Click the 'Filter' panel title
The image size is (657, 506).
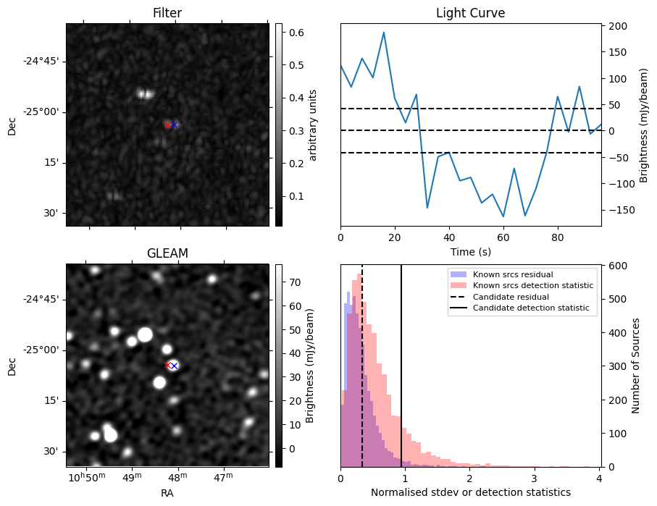pyautogui.click(x=167, y=13)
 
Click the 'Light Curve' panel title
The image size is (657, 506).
pyautogui.click(x=470, y=13)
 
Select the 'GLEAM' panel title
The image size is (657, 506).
pyautogui.click(x=167, y=253)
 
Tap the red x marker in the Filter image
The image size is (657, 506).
pyautogui.click(x=167, y=125)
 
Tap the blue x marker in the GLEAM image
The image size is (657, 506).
pyautogui.click(x=174, y=366)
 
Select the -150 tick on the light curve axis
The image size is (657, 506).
pyautogui.click(x=617, y=210)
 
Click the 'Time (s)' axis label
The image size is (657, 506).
pyautogui.click(x=470, y=251)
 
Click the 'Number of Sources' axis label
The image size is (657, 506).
pyautogui.click(x=636, y=366)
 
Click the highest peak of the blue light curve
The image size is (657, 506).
pyautogui.click(x=383, y=33)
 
